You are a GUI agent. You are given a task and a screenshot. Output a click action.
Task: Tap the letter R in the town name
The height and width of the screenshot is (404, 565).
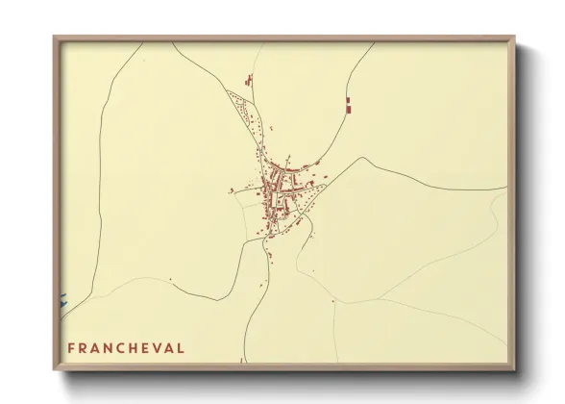pyautogui.click(x=84, y=347)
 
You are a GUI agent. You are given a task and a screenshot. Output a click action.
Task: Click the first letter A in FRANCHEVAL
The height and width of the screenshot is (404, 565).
pyautogui.click(x=98, y=347)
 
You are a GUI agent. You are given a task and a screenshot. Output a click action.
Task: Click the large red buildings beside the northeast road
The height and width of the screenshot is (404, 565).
pyautogui.click(x=348, y=106)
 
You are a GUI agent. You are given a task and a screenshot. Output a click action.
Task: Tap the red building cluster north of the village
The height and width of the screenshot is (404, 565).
pyautogui.click(x=249, y=82)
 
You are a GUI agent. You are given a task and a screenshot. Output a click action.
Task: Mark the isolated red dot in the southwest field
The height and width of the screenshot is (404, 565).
pyautogui.click(x=170, y=279)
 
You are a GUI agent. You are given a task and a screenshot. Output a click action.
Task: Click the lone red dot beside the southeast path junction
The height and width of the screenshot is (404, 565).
pyautogui.click(x=332, y=302)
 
